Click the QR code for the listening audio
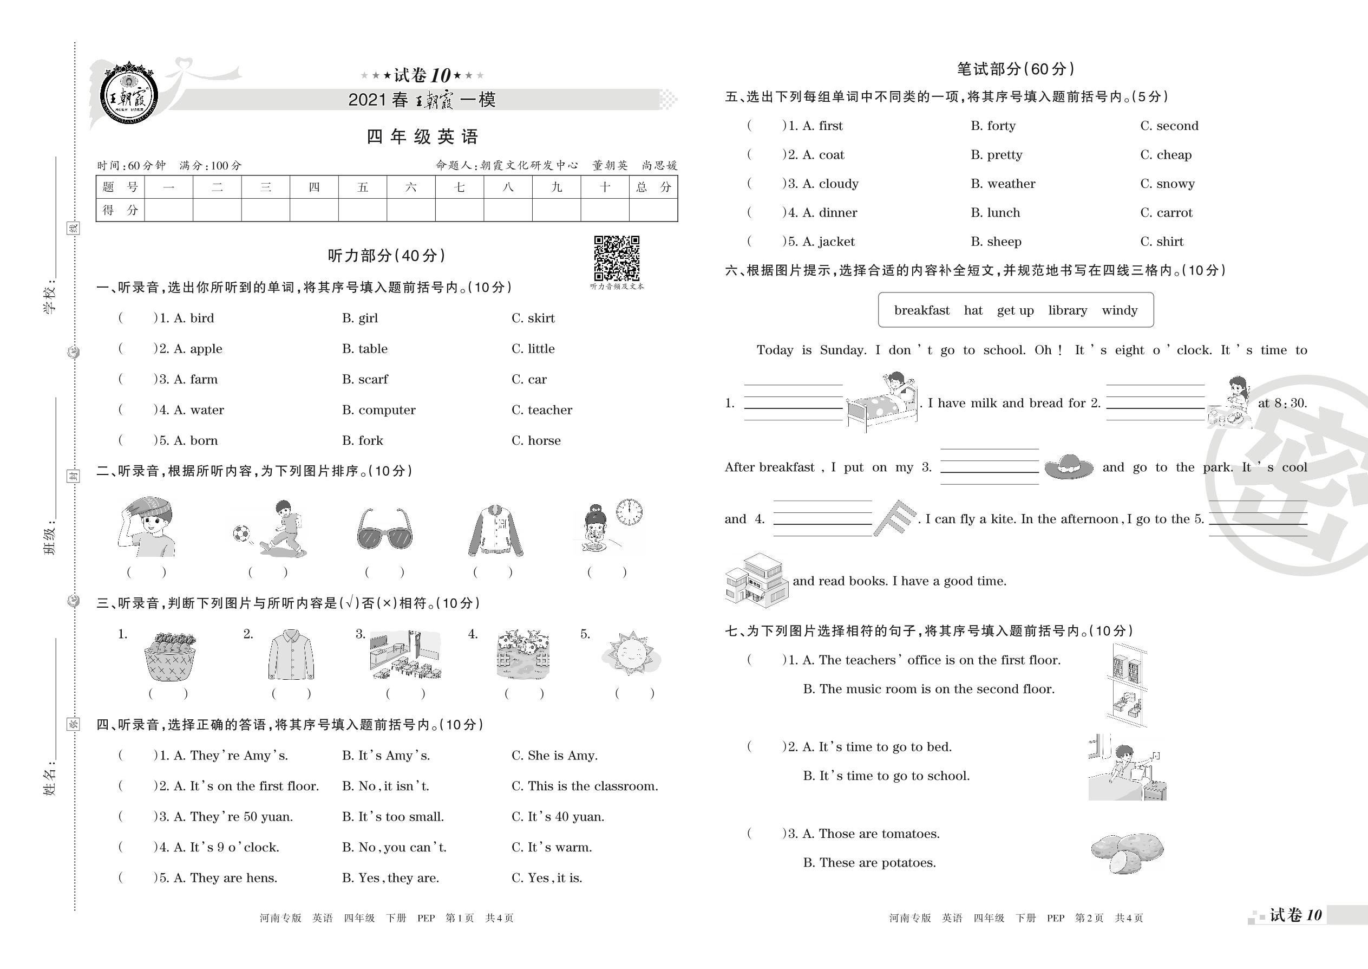tap(617, 258)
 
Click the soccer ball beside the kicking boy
tap(241, 533)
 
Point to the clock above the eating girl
tap(629, 512)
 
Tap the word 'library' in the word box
tap(1068, 310)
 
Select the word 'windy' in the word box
tap(1120, 310)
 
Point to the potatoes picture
tap(1127, 851)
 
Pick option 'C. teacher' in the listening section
tap(541, 410)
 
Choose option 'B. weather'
tap(1003, 184)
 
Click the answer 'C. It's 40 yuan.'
tap(558, 817)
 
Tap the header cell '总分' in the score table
tap(653, 187)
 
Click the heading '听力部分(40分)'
tap(387, 256)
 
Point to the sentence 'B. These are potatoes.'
tap(869, 863)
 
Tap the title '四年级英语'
tap(422, 136)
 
